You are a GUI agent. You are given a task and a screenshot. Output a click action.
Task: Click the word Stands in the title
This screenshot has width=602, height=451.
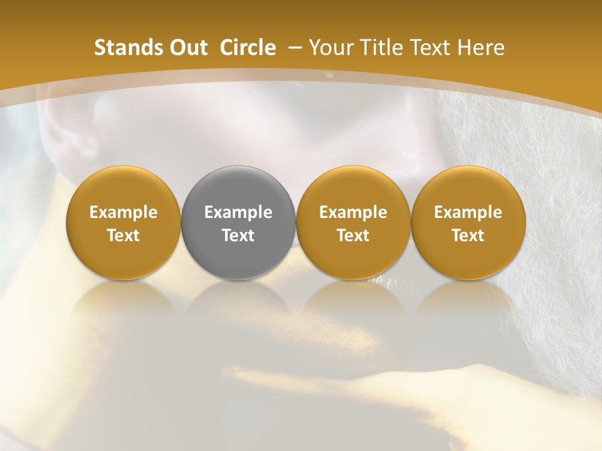point(125,48)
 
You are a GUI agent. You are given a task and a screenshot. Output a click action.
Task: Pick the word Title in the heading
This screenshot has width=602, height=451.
point(383,48)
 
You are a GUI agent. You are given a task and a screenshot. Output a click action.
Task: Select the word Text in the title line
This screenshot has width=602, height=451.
point(432,48)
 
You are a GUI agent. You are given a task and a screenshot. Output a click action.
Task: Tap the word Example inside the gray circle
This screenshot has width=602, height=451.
point(238,212)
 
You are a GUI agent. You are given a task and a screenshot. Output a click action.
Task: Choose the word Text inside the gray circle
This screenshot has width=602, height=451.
point(238,236)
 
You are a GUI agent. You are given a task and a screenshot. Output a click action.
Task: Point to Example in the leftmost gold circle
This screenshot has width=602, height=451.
point(124,212)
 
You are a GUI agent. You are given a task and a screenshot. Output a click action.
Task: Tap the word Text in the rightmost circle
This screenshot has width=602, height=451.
point(468,236)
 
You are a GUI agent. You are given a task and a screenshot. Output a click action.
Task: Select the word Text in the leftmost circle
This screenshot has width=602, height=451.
point(124,236)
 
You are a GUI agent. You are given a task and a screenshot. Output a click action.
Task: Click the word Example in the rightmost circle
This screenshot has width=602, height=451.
point(468,212)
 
